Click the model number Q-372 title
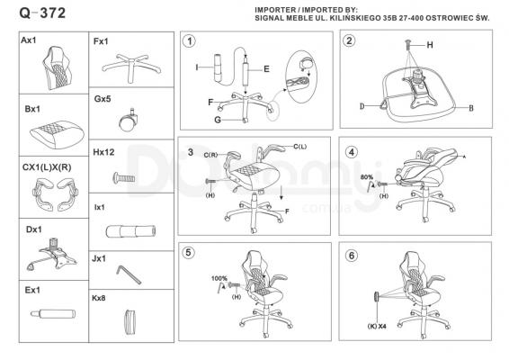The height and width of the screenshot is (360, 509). click(x=42, y=13)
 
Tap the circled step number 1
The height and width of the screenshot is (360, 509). click(x=189, y=41)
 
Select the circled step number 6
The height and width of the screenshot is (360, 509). click(x=352, y=256)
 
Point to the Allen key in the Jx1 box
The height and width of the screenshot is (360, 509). click(x=129, y=274)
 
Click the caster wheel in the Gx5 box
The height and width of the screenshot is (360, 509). click(x=128, y=120)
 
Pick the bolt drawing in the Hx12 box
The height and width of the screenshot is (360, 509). click(x=124, y=177)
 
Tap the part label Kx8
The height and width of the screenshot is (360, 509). click(x=99, y=298)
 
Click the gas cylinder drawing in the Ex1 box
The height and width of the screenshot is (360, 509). click(x=53, y=314)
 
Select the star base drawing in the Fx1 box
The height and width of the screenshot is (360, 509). click(x=130, y=67)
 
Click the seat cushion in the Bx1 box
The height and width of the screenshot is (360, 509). click(x=57, y=134)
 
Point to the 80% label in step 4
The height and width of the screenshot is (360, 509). click(x=367, y=177)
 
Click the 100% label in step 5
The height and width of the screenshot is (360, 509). click(x=219, y=278)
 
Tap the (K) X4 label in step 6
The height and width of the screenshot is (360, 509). click(x=377, y=326)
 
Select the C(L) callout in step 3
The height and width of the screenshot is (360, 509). click(x=300, y=147)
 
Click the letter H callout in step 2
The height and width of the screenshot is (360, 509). click(x=430, y=45)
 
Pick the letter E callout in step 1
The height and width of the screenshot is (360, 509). click(x=266, y=69)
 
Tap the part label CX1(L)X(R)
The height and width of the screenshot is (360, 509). click(x=47, y=167)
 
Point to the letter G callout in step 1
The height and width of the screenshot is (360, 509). click(x=218, y=120)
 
